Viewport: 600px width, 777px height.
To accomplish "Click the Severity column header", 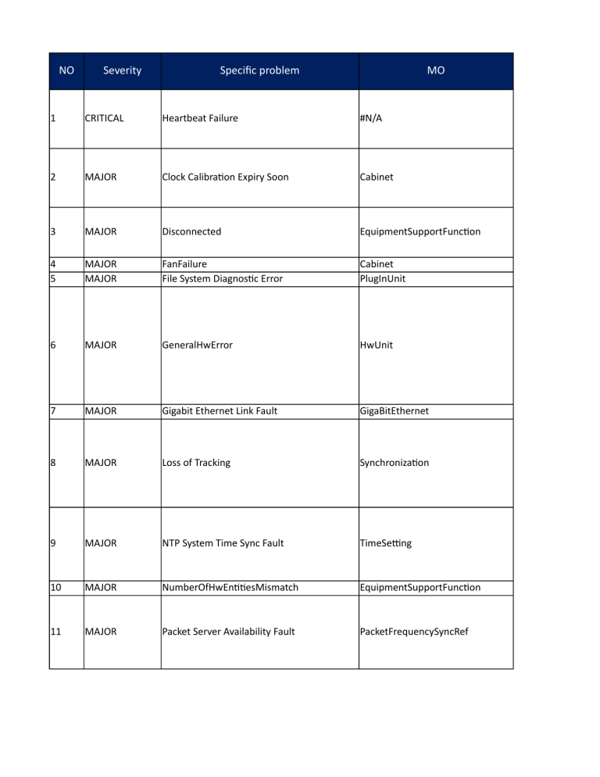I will pos(122,70).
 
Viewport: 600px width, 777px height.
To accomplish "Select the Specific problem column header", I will pos(259,70).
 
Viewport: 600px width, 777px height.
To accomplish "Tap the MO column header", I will pos(436,70).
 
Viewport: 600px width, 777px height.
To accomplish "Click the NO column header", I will pos(66,70).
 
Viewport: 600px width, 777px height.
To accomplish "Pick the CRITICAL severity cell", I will pos(104,119).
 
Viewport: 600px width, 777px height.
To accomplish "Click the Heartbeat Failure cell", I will pos(200,119).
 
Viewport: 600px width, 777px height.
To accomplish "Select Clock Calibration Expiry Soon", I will pos(225,177).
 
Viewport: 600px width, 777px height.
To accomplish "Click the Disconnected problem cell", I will pos(191,232).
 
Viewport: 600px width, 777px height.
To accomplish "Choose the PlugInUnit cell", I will pos(383,278).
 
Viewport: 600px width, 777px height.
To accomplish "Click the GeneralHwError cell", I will pos(197,345).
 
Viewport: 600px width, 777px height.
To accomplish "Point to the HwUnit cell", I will pos(377,345).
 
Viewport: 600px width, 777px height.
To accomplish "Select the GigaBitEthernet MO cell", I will pos(394,411).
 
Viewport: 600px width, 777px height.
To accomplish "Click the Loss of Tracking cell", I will pos(196,463).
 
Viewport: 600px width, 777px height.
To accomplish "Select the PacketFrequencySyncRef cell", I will pos(413,632).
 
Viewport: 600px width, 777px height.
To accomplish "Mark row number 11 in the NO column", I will pos(55,632).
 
